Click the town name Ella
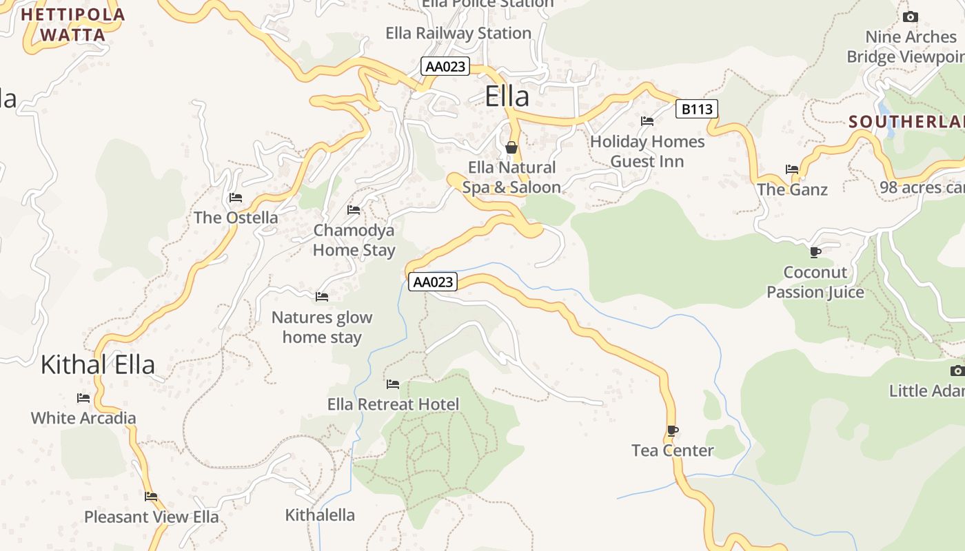(507, 96)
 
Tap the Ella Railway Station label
(458, 33)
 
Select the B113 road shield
(696, 109)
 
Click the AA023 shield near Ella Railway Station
(445, 67)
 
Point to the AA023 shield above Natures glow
(433, 282)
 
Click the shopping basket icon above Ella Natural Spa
(511, 147)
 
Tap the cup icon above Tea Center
(673, 431)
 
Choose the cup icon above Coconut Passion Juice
(815, 252)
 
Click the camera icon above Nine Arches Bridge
(911, 17)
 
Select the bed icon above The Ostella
(236, 198)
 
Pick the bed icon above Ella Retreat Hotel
(393, 384)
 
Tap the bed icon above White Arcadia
(83, 398)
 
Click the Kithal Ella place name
(98, 364)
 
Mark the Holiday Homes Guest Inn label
(647, 152)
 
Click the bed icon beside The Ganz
(792, 169)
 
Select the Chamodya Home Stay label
(354, 240)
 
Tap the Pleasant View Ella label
(152, 517)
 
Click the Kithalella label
(320, 514)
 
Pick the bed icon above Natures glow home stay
(322, 297)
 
